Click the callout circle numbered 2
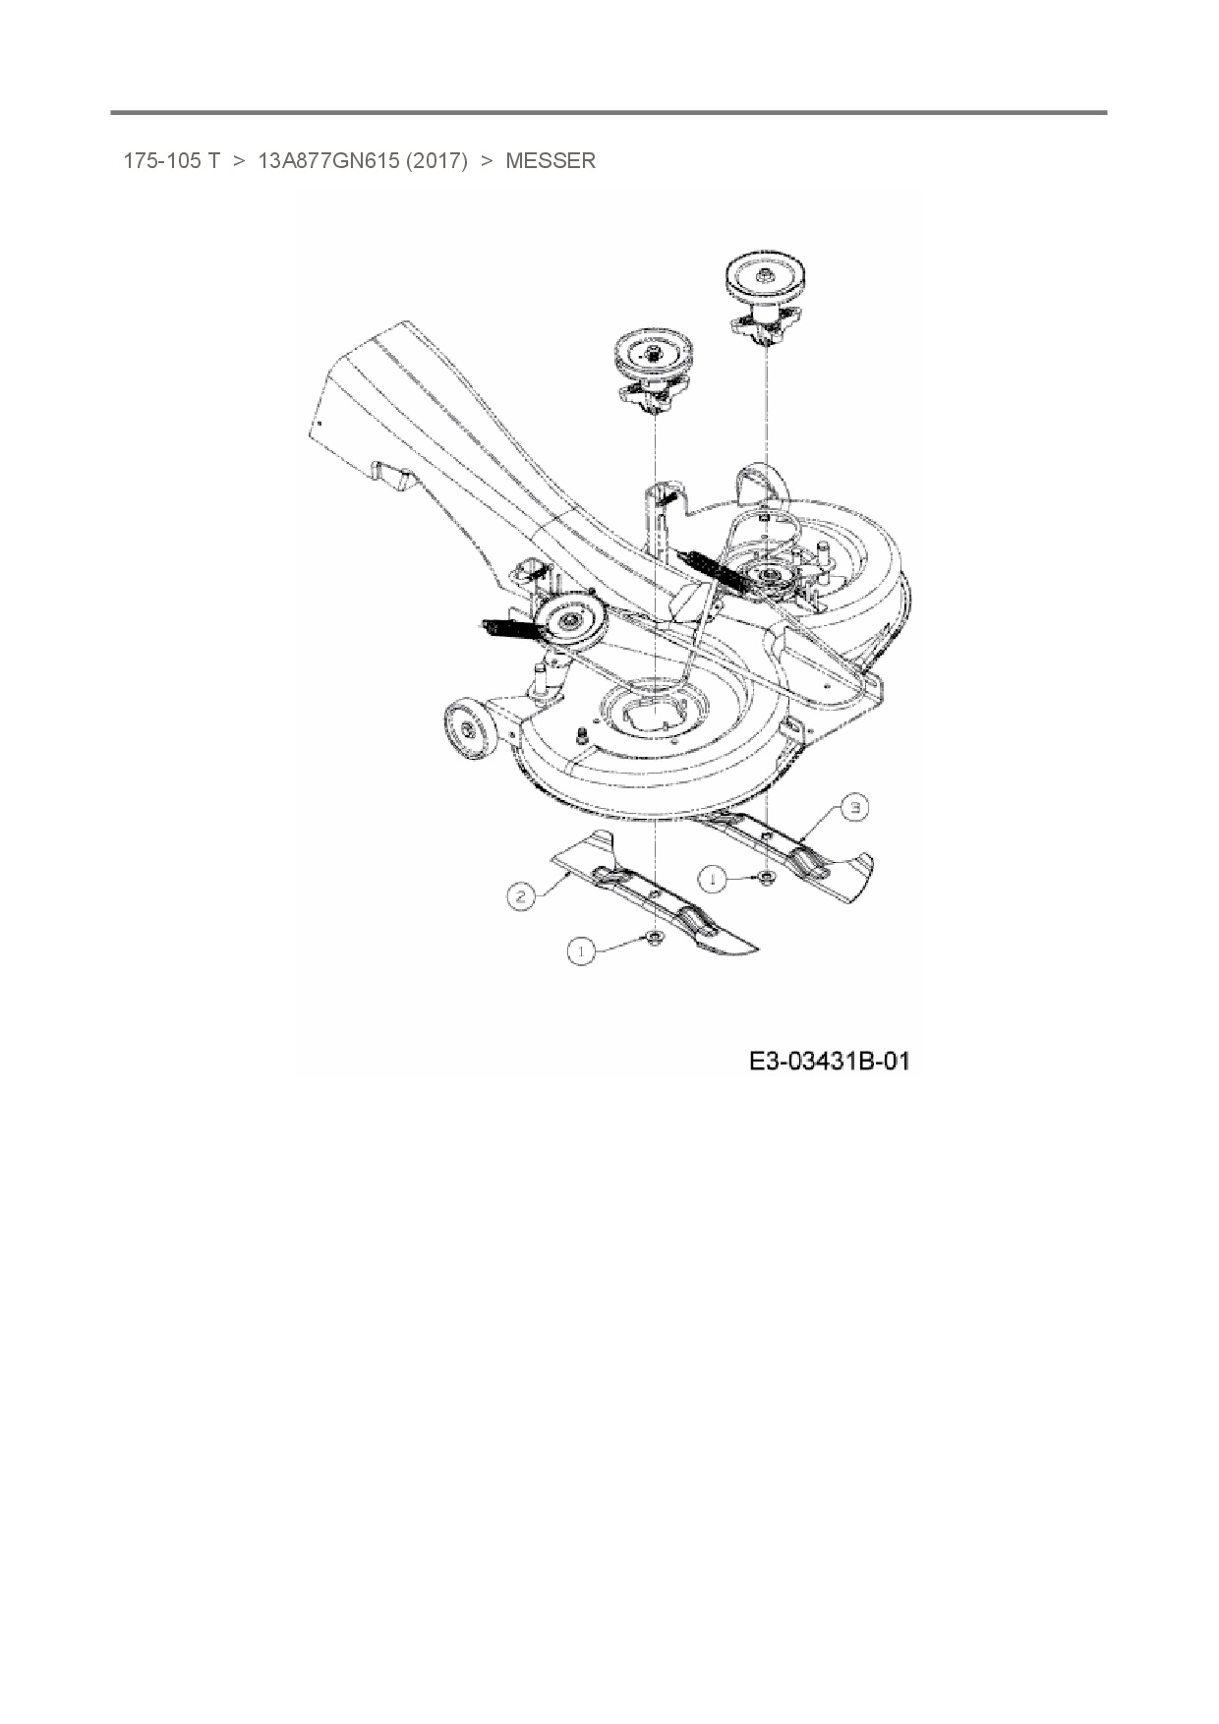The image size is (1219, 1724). (522, 894)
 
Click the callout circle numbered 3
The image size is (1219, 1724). (856, 808)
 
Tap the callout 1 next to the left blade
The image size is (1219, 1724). (582, 950)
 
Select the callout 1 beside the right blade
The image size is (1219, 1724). (715, 879)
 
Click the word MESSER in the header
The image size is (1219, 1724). (550, 161)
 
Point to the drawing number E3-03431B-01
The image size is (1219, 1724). (829, 1062)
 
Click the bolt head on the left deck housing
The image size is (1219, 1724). (583, 732)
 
